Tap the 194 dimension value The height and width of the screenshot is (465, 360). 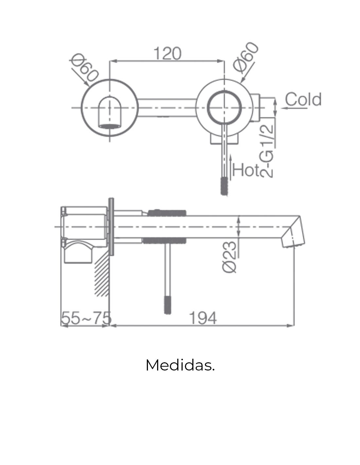(203, 318)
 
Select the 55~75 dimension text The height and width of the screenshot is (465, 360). (86, 318)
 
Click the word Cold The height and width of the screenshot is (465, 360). (303, 99)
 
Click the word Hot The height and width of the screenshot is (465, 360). (246, 170)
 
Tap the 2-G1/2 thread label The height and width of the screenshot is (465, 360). (266, 151)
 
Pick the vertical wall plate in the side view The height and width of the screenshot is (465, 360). (111, 226)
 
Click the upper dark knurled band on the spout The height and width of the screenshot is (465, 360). (167, 213)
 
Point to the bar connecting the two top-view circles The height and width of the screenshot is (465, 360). (167, 108)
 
